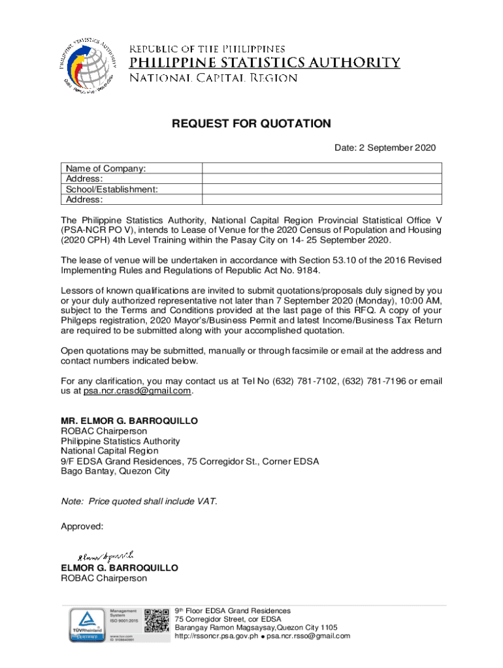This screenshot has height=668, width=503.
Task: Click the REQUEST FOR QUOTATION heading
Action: point(252,124)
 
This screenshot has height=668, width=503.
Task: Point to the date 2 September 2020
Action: point(385,148)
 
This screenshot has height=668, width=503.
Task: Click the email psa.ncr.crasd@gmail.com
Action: point(137,391)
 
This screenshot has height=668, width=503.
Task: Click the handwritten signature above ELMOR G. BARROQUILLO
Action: point(105,555)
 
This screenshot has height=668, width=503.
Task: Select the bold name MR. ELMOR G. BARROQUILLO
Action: point(129,421)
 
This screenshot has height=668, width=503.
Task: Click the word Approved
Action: point(82,526)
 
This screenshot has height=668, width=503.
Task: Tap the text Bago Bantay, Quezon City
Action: point(115,471)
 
